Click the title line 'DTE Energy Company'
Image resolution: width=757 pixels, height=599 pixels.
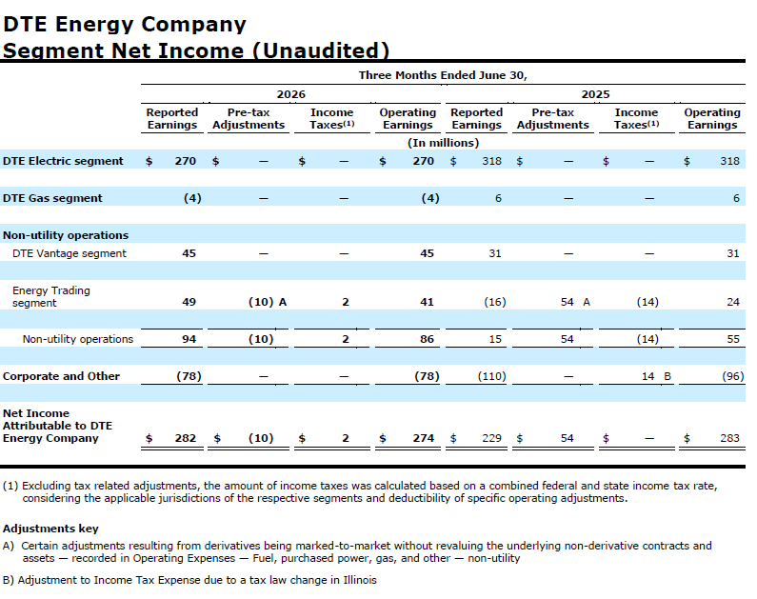125,24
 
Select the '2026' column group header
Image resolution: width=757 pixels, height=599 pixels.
290,94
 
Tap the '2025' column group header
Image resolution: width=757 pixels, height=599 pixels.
595,94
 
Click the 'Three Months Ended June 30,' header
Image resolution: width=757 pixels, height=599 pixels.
443,75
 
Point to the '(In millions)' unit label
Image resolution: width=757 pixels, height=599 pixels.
443,143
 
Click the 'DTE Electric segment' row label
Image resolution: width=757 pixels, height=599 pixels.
63,161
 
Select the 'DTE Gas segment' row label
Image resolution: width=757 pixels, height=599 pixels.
52,198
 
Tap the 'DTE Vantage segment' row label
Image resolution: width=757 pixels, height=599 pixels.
70,253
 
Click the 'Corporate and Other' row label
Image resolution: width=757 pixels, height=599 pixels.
61,376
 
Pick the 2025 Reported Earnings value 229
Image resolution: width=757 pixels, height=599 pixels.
491,438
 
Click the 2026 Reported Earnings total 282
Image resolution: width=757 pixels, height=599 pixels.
186,438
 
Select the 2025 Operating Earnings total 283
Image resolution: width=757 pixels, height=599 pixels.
729,438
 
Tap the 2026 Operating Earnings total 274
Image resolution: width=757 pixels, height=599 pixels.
424,438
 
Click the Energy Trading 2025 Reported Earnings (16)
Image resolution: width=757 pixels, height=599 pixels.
495,302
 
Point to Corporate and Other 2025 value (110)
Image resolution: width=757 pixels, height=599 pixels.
492,376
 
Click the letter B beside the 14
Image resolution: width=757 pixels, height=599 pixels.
667,376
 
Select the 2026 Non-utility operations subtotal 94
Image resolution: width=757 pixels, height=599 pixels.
189,339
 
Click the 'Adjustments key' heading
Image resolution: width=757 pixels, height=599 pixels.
50,529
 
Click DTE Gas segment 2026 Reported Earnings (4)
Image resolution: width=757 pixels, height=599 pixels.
192,198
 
